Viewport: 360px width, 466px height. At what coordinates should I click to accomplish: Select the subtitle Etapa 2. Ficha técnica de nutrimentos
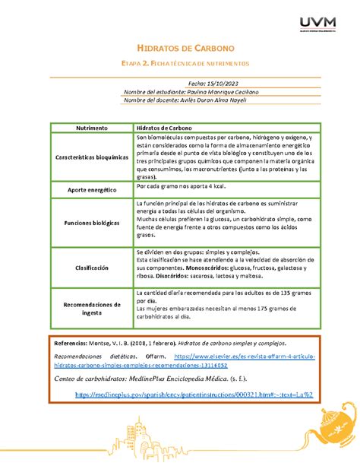(x=180, y=64)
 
